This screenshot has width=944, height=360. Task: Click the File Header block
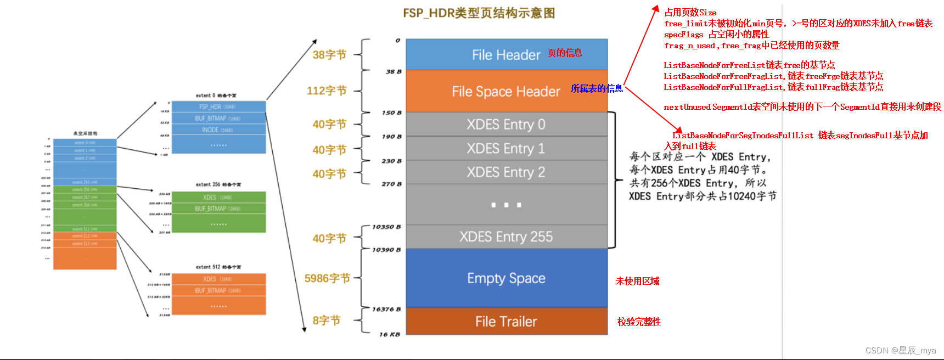[506, 55]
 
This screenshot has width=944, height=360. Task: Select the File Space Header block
[506, 91]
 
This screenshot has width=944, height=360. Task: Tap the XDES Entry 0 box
[506, 125]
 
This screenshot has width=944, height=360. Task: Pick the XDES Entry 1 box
[506, 149]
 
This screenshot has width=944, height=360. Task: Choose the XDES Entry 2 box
[506, 172]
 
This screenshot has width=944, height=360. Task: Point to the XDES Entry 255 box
[506, 237]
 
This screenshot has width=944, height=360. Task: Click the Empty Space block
[506, 278]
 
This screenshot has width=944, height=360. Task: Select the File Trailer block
[506, 322]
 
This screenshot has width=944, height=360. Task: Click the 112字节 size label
[327, 91]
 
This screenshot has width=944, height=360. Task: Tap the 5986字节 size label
[327, 278]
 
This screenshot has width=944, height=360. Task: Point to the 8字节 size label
[327, 320]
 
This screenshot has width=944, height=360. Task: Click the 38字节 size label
[329, 55]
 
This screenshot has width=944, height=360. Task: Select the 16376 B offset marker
[386, 310]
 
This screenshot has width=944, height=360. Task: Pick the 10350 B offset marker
[386, 227]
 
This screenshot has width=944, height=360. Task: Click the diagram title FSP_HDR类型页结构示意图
[479, 13]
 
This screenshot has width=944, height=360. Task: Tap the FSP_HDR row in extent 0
[218, 106]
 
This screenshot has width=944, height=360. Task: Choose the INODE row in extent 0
[218, 130]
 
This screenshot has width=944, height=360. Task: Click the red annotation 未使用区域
[637, 281]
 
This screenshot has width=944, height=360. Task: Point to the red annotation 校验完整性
[639, 322]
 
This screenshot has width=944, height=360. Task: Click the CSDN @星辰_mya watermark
[900, 350]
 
